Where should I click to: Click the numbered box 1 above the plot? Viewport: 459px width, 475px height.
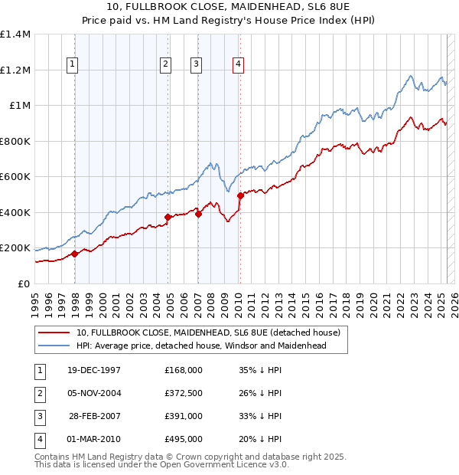click(73, 65)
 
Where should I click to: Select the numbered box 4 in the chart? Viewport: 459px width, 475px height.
click(239, 65)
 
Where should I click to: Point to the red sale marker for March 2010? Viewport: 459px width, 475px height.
click(239, 195)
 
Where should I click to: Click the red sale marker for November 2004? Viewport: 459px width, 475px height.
click(168, 218)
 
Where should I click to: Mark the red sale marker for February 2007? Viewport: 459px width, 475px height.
click(198, 214)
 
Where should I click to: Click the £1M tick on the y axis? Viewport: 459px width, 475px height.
click(19, 106)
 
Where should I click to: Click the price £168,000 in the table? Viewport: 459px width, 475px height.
click(184, 370)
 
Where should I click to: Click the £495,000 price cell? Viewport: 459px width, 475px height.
click(184, 439)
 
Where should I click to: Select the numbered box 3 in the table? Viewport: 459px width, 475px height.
click(39, 416)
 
